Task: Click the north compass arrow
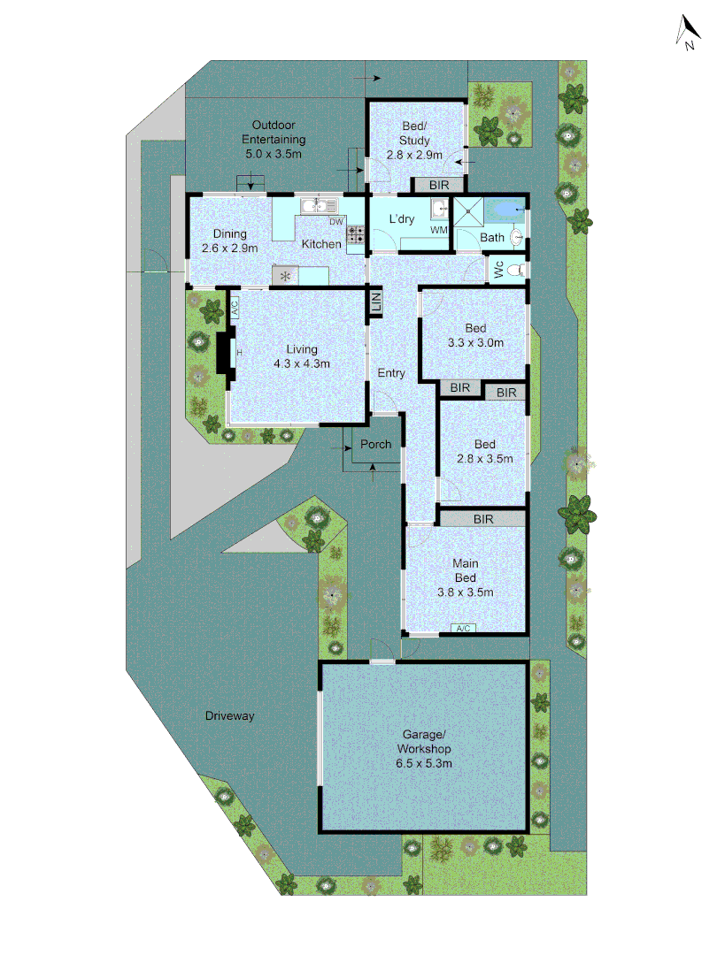click(x=687, y=34)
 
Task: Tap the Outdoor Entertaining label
click(x=274, y=140)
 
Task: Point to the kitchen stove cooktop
click(x=356, y=234)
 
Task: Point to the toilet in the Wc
click(x=519, y=270)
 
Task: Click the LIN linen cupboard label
click(x=375, y=302)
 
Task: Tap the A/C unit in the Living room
click(x=235, y=309)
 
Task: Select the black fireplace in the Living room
click(x=223, y=355)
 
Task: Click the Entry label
click(x=391, y=373)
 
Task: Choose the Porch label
click(x=376, y=444)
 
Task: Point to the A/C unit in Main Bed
click(x=464, y=628)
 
